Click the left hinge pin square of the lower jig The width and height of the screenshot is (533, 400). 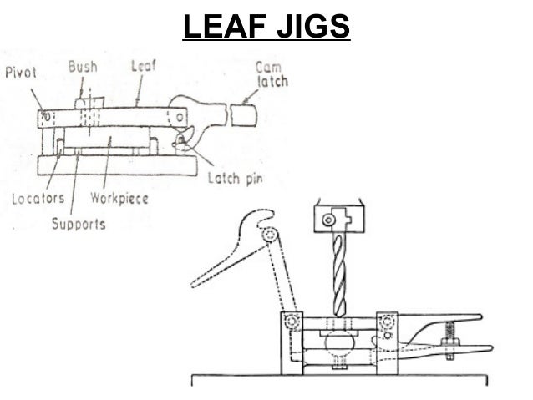point(292,322)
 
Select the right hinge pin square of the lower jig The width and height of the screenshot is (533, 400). point(387,322)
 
